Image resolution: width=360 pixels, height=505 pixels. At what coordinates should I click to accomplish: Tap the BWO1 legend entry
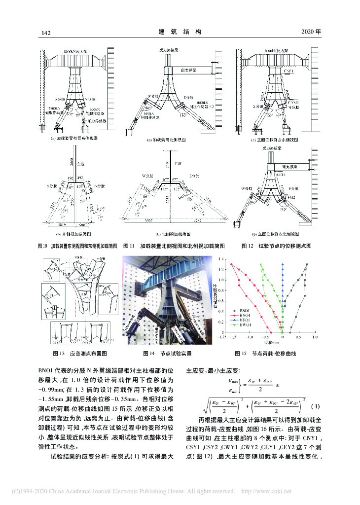point(245,325)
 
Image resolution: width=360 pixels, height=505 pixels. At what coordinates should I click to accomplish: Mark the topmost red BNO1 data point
point(231,264)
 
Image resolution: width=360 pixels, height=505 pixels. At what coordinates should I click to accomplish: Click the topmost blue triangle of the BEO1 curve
point(283,264)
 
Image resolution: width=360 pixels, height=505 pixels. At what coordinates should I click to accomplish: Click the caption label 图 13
point(59,354)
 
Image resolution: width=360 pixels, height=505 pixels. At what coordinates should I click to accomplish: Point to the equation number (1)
point(316,407)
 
